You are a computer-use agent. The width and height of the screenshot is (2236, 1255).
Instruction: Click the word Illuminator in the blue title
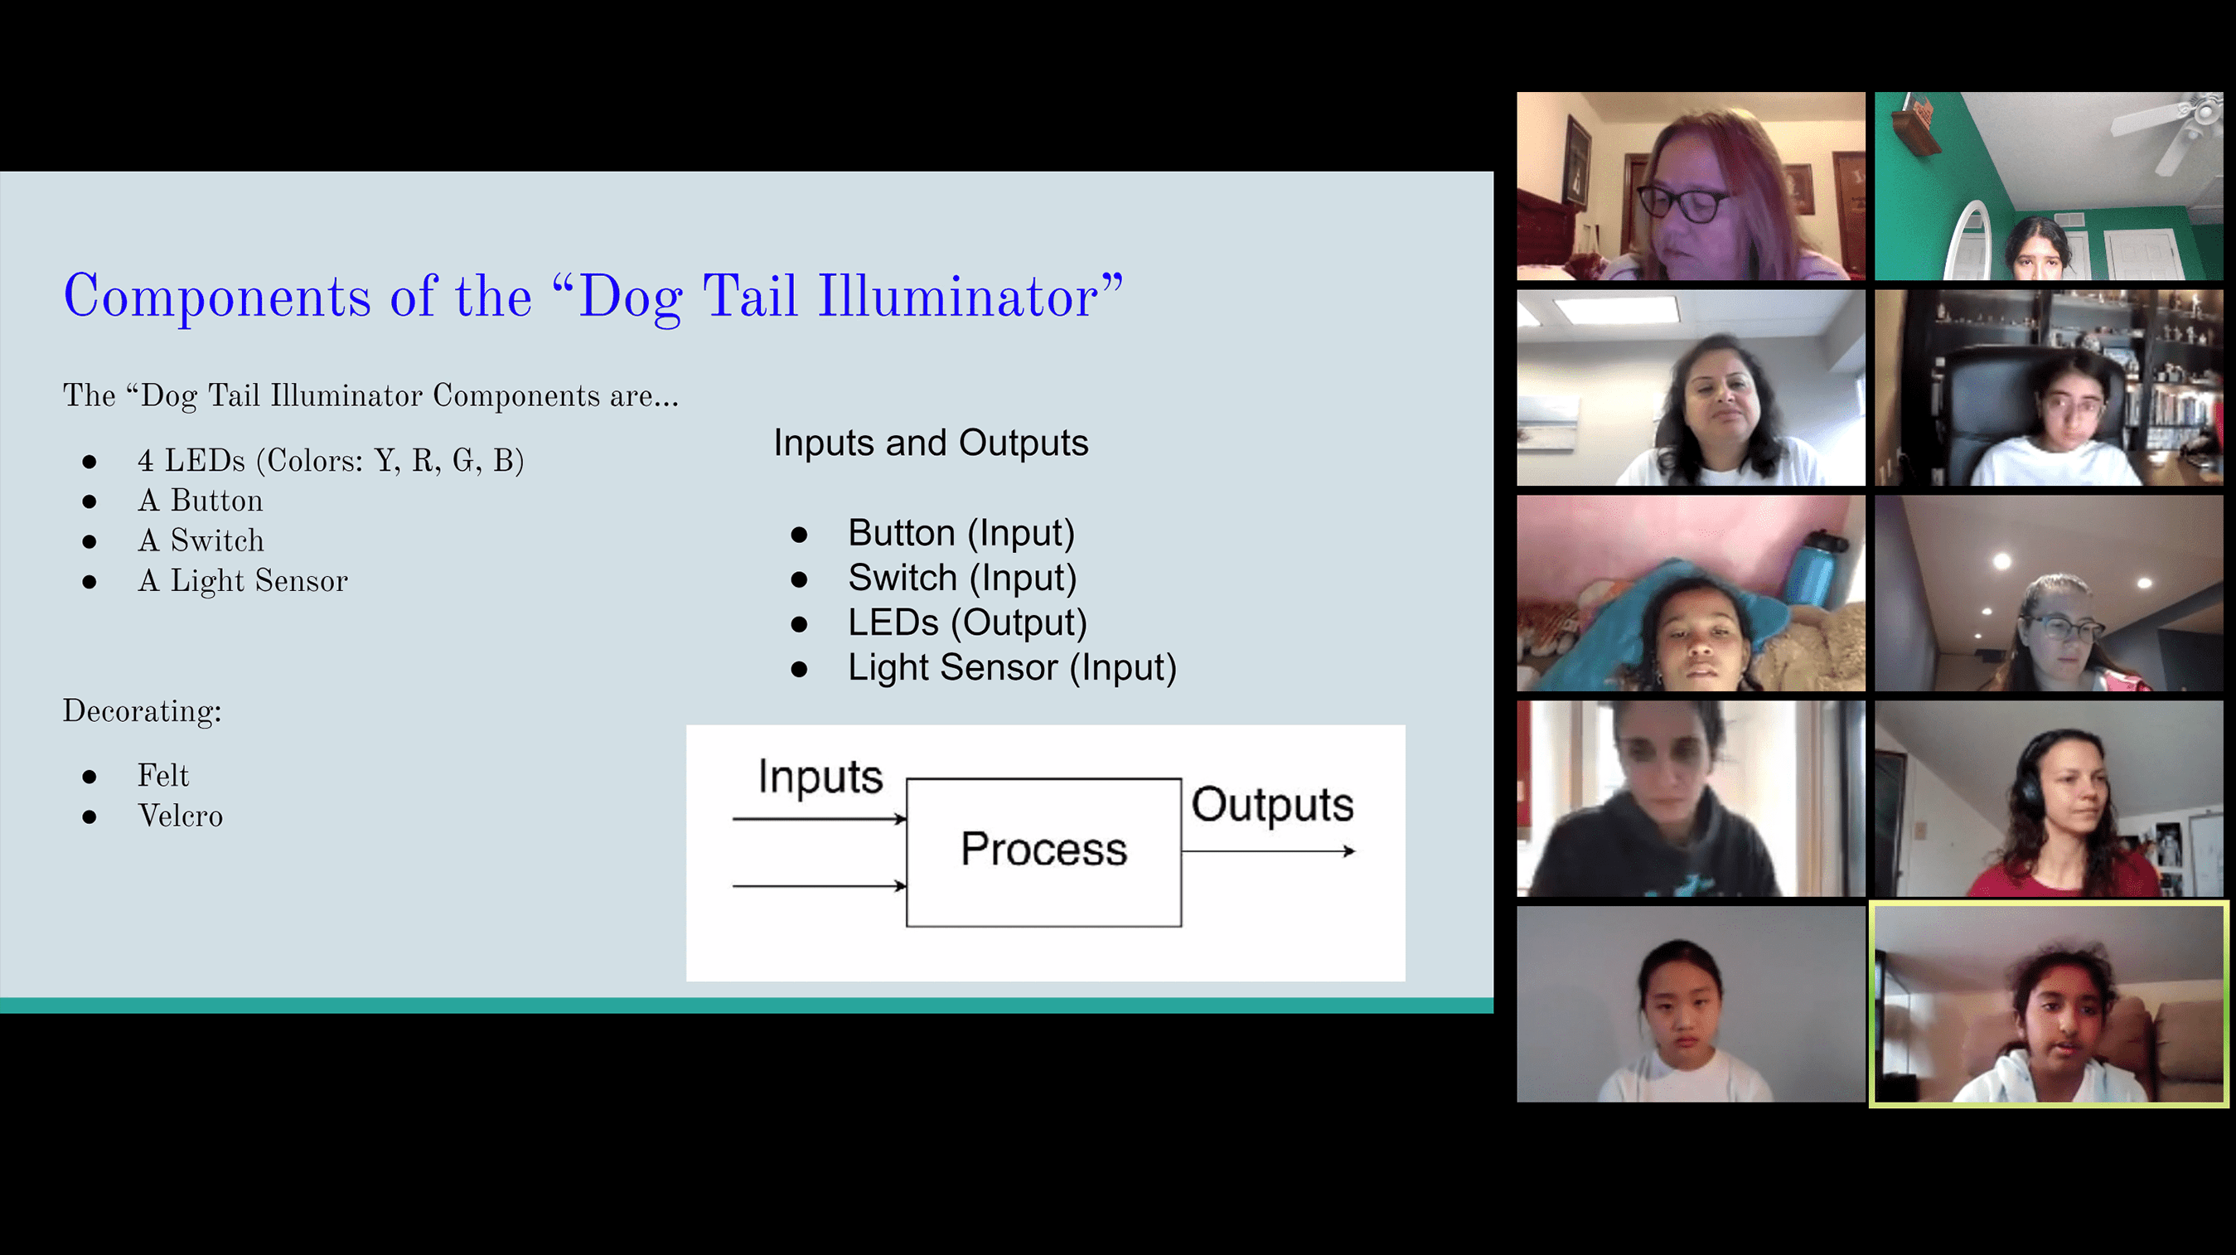pyautogui.click(x=957, y=296)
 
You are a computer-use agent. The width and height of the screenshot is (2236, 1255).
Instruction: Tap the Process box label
pyautogui.click(x=1043, y=848)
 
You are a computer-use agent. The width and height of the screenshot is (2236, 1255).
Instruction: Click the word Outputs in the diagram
pyautogui.click(x=1271, y=805)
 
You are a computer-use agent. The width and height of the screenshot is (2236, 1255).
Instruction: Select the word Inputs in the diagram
pyautogui.click(x=820, y=777)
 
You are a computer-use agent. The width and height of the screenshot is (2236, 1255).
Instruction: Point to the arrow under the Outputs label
pyautogui.click(x=1268, y=851)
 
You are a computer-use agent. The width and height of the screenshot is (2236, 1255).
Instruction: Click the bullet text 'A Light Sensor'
pyautogui.click(x=243, y=580)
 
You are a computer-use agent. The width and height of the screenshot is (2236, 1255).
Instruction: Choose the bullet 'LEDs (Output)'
pyautogui.click(x=967, y=623)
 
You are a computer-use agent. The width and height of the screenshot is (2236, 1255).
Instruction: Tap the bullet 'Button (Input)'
pyautogui.click(x=961, y=532)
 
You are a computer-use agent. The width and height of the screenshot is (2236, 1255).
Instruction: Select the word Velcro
pyautogui.click(x=181, y=816)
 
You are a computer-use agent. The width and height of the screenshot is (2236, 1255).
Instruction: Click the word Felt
pyautogui.click(x=163, y=775)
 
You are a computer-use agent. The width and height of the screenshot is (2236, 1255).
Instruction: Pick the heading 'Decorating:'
pyautogui.click(x=143, y=711)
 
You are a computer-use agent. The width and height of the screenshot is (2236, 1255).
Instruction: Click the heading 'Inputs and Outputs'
pyautogui.click(x=931, y=443)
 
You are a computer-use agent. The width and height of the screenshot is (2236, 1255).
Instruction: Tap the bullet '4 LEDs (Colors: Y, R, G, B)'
pyautogui.click(x=331, y=460)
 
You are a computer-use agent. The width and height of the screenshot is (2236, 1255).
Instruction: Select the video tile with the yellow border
pyautogui.click(x=2049, y=1005)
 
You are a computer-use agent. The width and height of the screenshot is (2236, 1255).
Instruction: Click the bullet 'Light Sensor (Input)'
pyautogui.click(x=1012, y=667)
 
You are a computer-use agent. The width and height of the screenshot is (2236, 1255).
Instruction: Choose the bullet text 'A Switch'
pyautogui.click(x=201, y=540)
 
